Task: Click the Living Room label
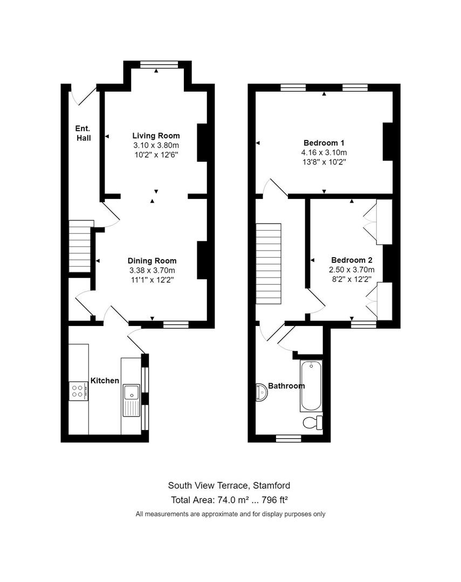click(x=156, y=136)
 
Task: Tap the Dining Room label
click(x=152, y=261)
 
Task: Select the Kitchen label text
click(x=105, y=380)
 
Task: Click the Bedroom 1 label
click(x=324, y=143)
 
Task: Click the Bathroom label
click(x=286, y=386)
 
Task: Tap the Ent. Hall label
click(x=82, y=133)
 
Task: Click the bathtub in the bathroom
click(x=311, y=386)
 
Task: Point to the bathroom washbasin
click(x=262, y=392)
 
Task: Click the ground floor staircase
click(x=79, y=246)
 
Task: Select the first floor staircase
click(x=269, y=264)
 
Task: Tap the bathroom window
click(x=288, y=438)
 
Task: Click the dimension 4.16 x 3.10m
click(x=323, y=153)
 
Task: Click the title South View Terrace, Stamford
click(x=229, y=486)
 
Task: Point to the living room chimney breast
click(x=202, y=142)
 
